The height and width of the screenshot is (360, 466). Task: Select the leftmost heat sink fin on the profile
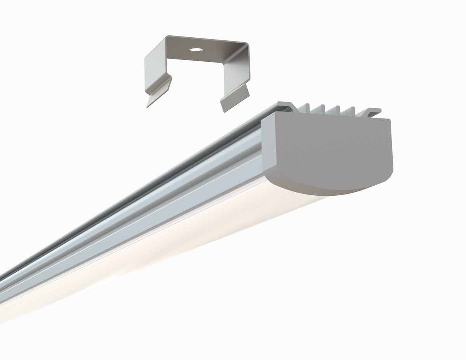[307, 108]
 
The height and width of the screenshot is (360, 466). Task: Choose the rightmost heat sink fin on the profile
[353, 111]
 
